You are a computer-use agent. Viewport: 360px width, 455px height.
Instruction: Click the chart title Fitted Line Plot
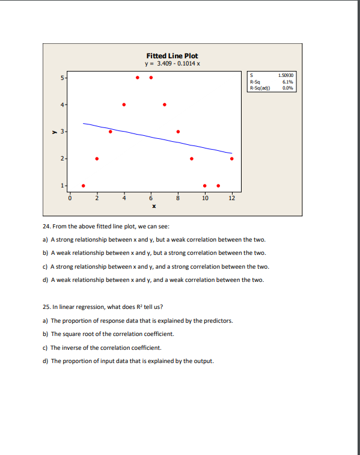click(172, 55)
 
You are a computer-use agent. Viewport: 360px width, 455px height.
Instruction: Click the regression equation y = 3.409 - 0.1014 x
click(172, 63)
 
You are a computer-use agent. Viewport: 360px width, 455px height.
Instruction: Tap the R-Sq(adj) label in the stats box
click(260, 88)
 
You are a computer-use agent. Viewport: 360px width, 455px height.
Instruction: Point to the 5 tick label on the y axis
click(61, 78)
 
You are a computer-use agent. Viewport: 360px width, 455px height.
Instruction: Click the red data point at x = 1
click(83, 185)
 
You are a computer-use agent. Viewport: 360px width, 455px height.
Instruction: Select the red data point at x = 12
click(232, 159)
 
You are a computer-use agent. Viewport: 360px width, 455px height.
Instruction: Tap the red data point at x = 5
click(138, 78)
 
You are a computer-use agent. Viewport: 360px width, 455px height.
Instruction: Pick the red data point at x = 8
click(178, 132)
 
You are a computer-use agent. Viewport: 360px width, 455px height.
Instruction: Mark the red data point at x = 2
click(97, 159)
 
